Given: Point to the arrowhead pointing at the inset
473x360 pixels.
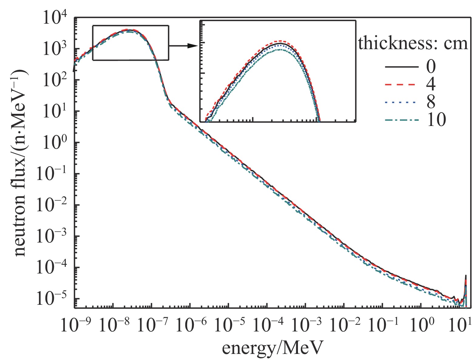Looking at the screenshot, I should point(192,46).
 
